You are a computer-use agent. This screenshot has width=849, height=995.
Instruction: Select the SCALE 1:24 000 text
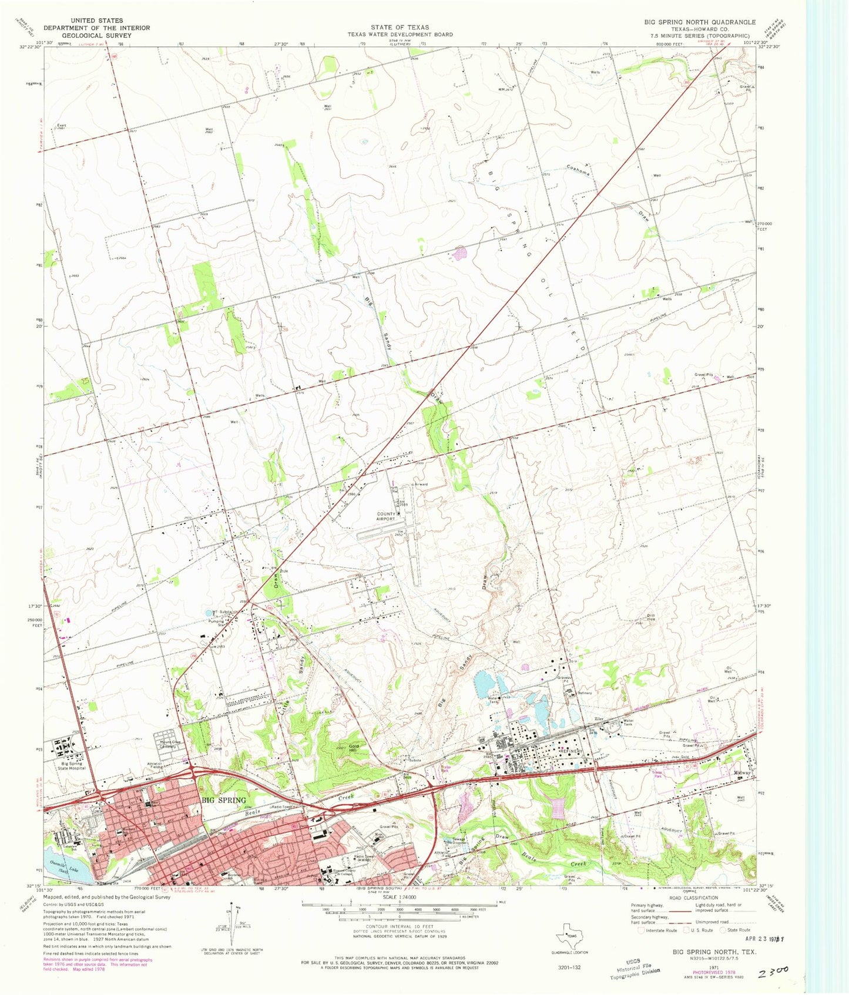point(399,898)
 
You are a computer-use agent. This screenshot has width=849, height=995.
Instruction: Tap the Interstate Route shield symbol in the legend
point(640,930)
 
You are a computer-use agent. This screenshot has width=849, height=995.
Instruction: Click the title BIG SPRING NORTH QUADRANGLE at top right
point(699,22)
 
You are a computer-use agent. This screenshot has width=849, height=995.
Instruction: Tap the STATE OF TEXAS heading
point(400,27)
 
